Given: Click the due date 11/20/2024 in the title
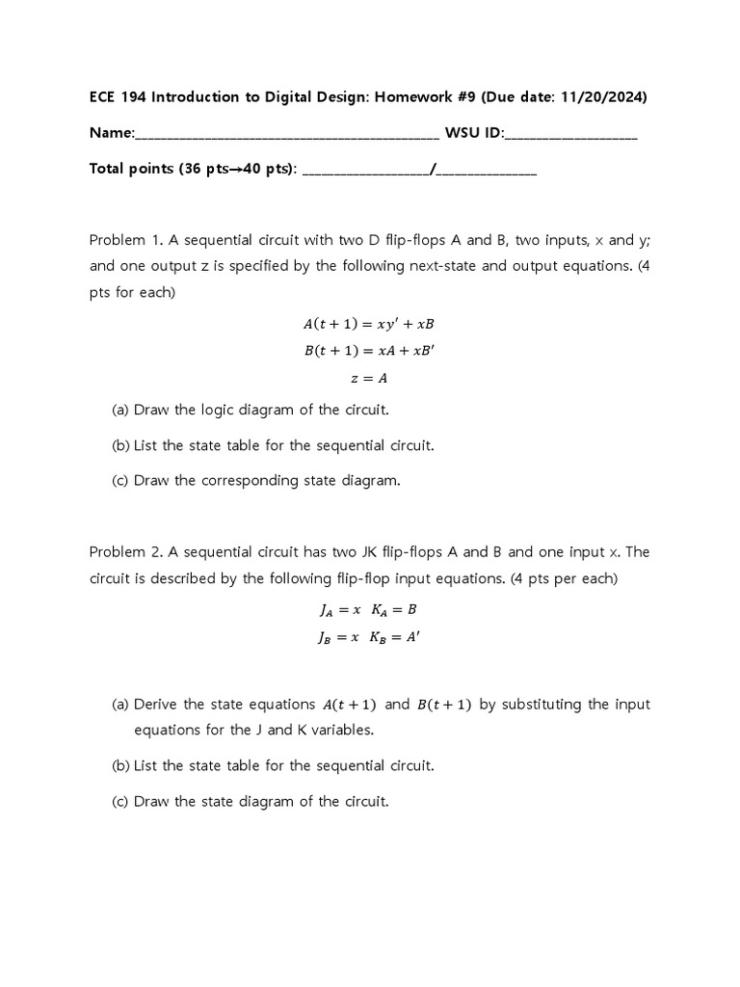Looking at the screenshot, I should pos(605,97).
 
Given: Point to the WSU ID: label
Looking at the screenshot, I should pos(473,133).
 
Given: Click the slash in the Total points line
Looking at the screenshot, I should pos(435,169).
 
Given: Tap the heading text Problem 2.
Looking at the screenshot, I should pos(124,552).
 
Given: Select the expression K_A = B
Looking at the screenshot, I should pos(393,609).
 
